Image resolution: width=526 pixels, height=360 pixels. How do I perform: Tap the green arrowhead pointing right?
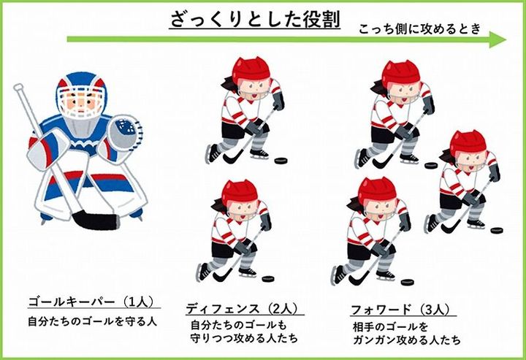[x=498, y=39]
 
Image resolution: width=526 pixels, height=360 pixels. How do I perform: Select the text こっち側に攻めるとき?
[x=419, y=28]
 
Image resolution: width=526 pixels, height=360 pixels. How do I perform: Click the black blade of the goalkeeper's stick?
[x=95, y=219]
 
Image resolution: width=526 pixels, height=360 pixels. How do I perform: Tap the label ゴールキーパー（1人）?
[x=91, y=302]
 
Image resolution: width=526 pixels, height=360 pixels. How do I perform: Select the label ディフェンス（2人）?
[x=243, y=308]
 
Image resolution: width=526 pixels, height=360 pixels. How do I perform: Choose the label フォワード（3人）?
[x=400, y=310]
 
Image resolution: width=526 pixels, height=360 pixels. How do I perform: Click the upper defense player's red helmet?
[x=251, y=71]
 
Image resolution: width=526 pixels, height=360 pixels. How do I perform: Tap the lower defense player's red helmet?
[x=240, y=193]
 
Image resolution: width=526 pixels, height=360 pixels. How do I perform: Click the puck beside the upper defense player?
[x=281, y=161]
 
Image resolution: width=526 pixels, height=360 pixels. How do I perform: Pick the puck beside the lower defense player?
[x=268, y=278]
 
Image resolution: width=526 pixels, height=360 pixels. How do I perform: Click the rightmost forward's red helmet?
[x=468, y=143]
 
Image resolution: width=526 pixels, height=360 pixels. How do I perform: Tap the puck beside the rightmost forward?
[x=498, y=230]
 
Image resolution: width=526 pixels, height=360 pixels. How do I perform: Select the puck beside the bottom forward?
[x=407, y=282]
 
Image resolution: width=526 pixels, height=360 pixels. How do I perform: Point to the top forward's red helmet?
[x=401, y=73]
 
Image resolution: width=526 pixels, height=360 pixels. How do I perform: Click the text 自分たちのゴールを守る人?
[x=92, y=321]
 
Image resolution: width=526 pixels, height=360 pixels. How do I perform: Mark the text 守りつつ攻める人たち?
[x=244, y=338]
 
